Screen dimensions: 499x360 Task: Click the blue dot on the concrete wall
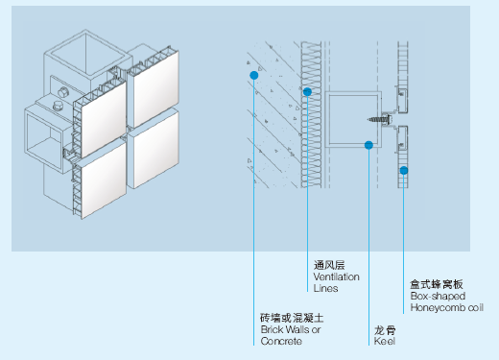[x=254, y=75]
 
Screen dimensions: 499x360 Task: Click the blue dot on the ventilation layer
[x=307, y=92]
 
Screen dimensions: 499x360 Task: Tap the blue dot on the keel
[x=368, y=145]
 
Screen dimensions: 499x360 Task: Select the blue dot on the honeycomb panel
[x=404, y=171]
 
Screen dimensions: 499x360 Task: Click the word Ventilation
[x=336, y=276]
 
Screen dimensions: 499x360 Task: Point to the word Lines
[x=325, y=288]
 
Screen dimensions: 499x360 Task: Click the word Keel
[x=385, y=341]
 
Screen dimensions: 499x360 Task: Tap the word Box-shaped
[x=438, y=297]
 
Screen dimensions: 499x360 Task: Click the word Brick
[x=272, y=329]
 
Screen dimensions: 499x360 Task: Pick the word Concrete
[x=281, y=341]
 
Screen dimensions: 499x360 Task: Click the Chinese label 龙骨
[x=385, y=330]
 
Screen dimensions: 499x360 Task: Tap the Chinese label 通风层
[x=329, y=265]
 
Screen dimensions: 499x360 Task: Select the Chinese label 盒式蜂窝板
[x=437, y=284]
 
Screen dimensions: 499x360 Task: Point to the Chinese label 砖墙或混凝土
[x=292, y=318]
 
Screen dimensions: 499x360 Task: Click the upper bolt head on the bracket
[x=63, y=92]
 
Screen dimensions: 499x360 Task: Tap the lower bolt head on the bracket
[x=58, y=106]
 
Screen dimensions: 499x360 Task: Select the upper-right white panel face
[x=155, y=87]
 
